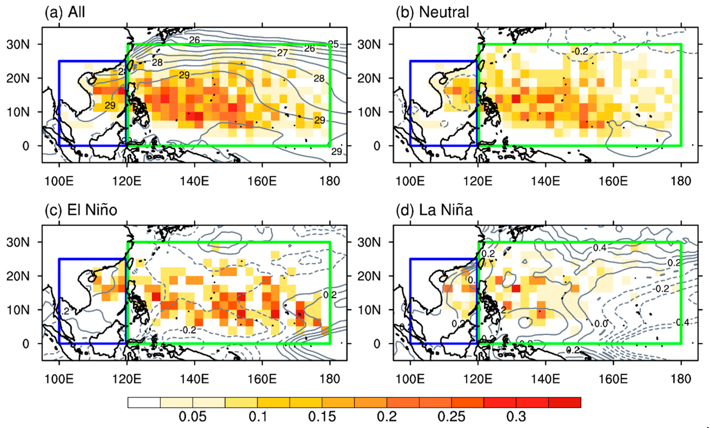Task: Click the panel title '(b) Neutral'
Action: tap(432, 12)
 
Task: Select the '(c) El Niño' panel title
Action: tap(81, 210)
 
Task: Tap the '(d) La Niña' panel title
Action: tap(434, 210)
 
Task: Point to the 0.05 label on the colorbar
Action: tap(192, 416)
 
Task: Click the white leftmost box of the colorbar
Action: tap(144, 402)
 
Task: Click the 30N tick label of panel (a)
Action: tap(18, 45)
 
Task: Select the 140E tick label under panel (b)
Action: tap(546, 181)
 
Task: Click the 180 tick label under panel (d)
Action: tap(681, 379)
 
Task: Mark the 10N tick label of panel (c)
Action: tap(18, 310)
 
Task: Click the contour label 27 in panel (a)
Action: tap(282, 53)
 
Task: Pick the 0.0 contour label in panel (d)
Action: tap(601, 324)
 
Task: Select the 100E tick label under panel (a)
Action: tap(59, 181)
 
